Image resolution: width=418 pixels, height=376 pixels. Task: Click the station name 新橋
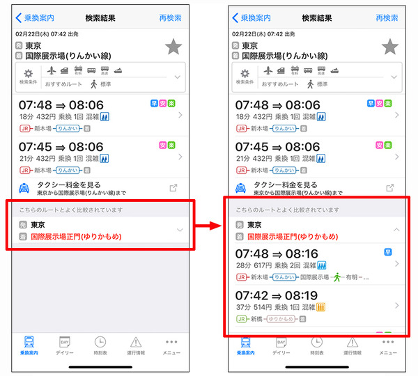point(256,319)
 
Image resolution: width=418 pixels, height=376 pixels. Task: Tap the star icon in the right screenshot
point(391,47)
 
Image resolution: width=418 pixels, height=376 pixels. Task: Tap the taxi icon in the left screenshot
point(24,187)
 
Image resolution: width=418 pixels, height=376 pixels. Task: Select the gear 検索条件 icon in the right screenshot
point(245,74)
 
